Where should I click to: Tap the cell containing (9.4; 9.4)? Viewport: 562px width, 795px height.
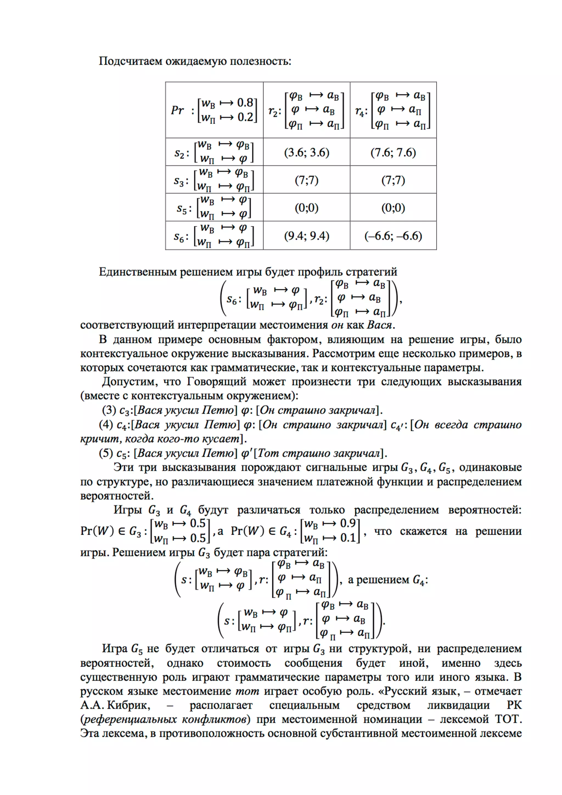pos(307,236)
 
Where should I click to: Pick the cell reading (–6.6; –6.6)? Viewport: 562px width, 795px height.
pos(393,236)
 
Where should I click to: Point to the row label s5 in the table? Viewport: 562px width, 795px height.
pos(182,208)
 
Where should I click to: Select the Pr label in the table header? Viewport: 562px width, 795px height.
pos(177,110)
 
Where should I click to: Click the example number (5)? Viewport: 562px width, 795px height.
pos(106,453)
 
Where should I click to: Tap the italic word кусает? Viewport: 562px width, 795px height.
pos(222,439)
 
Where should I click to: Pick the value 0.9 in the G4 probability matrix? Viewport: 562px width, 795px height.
pos(348,523)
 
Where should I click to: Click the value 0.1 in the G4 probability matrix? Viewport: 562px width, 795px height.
pos(348,538)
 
